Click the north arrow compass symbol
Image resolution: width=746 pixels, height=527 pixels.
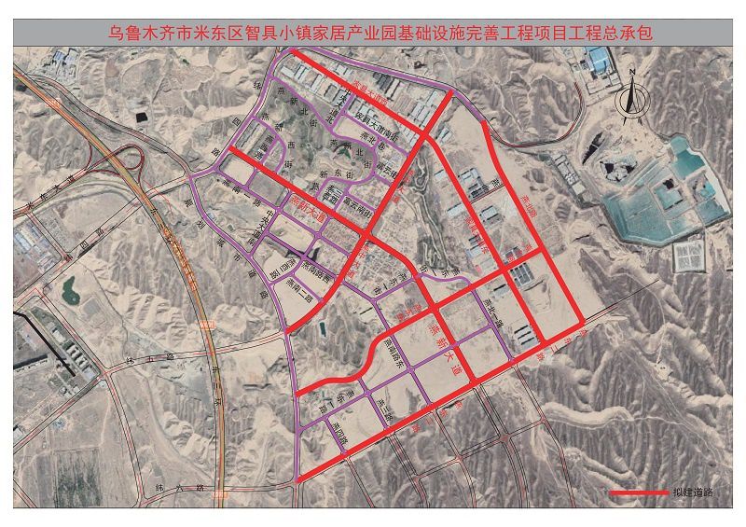pos(631,94)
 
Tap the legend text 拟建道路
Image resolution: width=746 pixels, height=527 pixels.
pos(690,492)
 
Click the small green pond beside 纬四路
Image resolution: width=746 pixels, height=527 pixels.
pos(71,292)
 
